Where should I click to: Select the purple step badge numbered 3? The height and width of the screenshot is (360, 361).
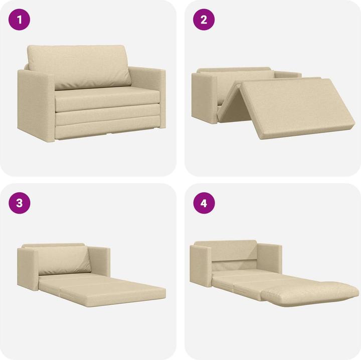(20, 203)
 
